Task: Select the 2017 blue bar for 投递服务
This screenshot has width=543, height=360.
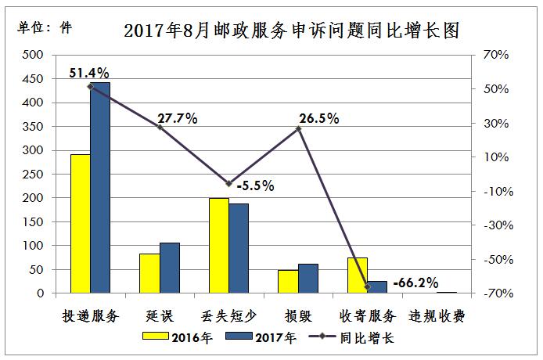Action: (x=100, y=188)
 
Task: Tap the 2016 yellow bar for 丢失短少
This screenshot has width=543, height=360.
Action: (x=219, y=246)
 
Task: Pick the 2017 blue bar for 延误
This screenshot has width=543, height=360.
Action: (x=170, y=268)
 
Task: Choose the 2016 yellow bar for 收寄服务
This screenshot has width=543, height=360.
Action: (x=358, y=275)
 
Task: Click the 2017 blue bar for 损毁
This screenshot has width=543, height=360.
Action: (x=308, y=279)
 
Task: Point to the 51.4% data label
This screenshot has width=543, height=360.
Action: (x=88, y=73)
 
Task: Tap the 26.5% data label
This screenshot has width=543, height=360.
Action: (x=318, y=119)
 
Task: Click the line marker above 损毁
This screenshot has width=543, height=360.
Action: (x=298, y=129)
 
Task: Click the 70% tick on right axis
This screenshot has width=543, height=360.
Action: (x=496, y=55)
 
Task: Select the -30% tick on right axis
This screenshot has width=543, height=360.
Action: (x=496, y=225)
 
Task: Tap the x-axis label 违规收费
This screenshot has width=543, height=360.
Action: (x=438, y=317)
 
